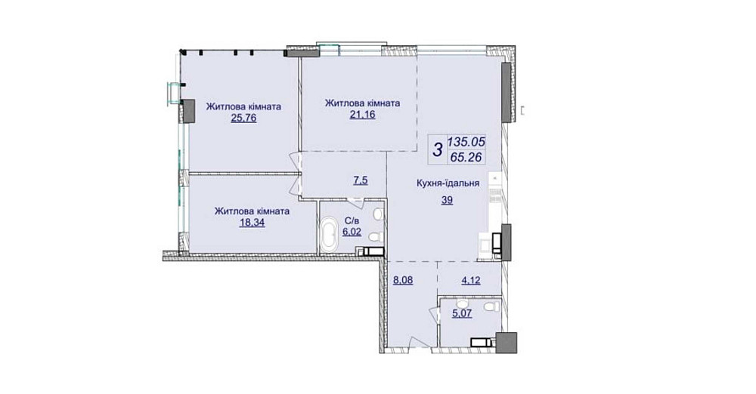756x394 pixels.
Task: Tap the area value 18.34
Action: pos(250,223)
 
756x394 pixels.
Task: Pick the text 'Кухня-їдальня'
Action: pos(448,182)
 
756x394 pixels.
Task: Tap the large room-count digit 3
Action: pos(437,149)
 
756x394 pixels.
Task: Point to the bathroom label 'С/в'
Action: pos(352,220)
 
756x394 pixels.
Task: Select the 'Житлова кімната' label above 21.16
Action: pos(361,103)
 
